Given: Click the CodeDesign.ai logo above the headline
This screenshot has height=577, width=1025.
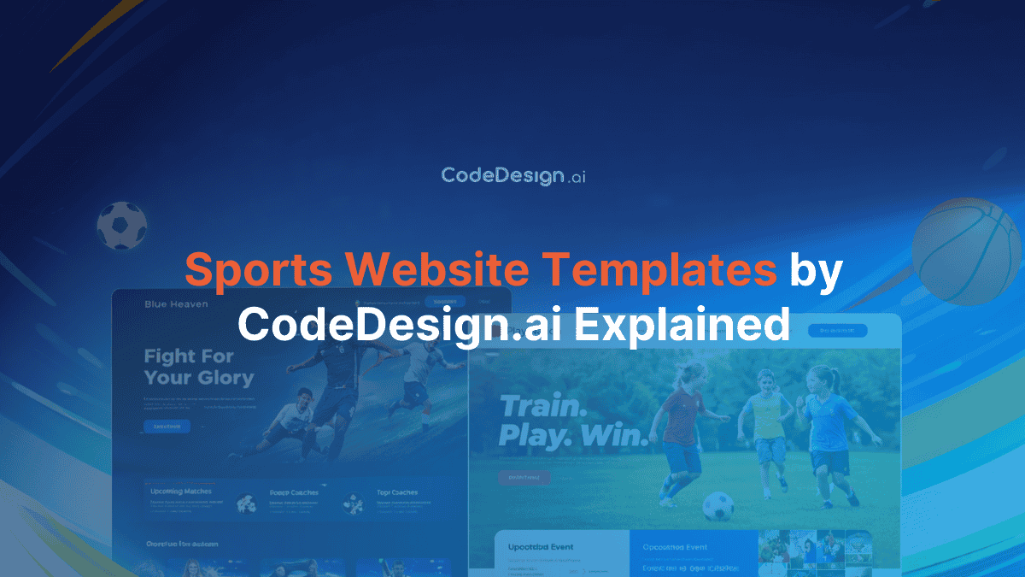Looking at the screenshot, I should pyautogui.click(x=512, y=176).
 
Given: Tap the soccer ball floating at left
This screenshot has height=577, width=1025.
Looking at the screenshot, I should pyautogui.click(x=121, y=225).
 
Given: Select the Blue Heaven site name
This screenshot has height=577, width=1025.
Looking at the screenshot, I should pyautogui.click(x=176, y=304).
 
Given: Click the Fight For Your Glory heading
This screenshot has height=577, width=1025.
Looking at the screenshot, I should pyautogui.click(x=198, y=367).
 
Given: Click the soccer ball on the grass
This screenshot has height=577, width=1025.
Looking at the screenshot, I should pyautogui.click(x=717, y=505).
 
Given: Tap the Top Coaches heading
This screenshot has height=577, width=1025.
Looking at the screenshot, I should pyautogui.click(x=397, y=492).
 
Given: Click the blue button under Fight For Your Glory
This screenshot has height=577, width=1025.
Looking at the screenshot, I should pyautogui.click(x=167, y=426).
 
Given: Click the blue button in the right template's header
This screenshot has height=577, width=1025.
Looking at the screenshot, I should pyautogui.click(x=837, y=330).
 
